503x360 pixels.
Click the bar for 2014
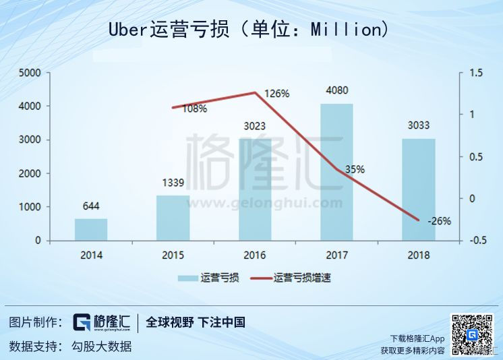click(x=91, y=229)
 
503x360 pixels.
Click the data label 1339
click(x=173, y=182)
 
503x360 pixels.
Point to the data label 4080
click(x=336, y=90)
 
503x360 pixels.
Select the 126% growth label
click(x=276, y=94)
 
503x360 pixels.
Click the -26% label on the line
click(x=439, y=220)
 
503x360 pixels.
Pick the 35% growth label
click(x=355, y=170)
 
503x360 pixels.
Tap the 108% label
click(x=194, y=109)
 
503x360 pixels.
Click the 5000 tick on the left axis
click(x=29, y=73)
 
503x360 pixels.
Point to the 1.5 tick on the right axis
click(x=477, y=73)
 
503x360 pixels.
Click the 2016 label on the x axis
click(x=254, y=256)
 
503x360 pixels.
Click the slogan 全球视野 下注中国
click(x=196, y=322)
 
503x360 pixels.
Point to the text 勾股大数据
click(x=101, y=347)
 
